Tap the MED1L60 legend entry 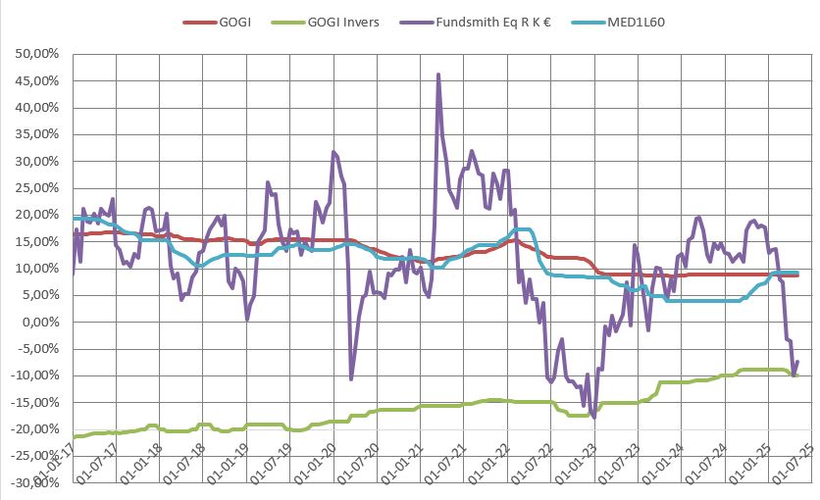coord(649,21)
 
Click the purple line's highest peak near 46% coord(437,75)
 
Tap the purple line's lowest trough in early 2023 coord(593,417)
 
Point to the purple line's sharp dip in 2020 coord(351,378)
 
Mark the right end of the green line coord(796,375)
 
